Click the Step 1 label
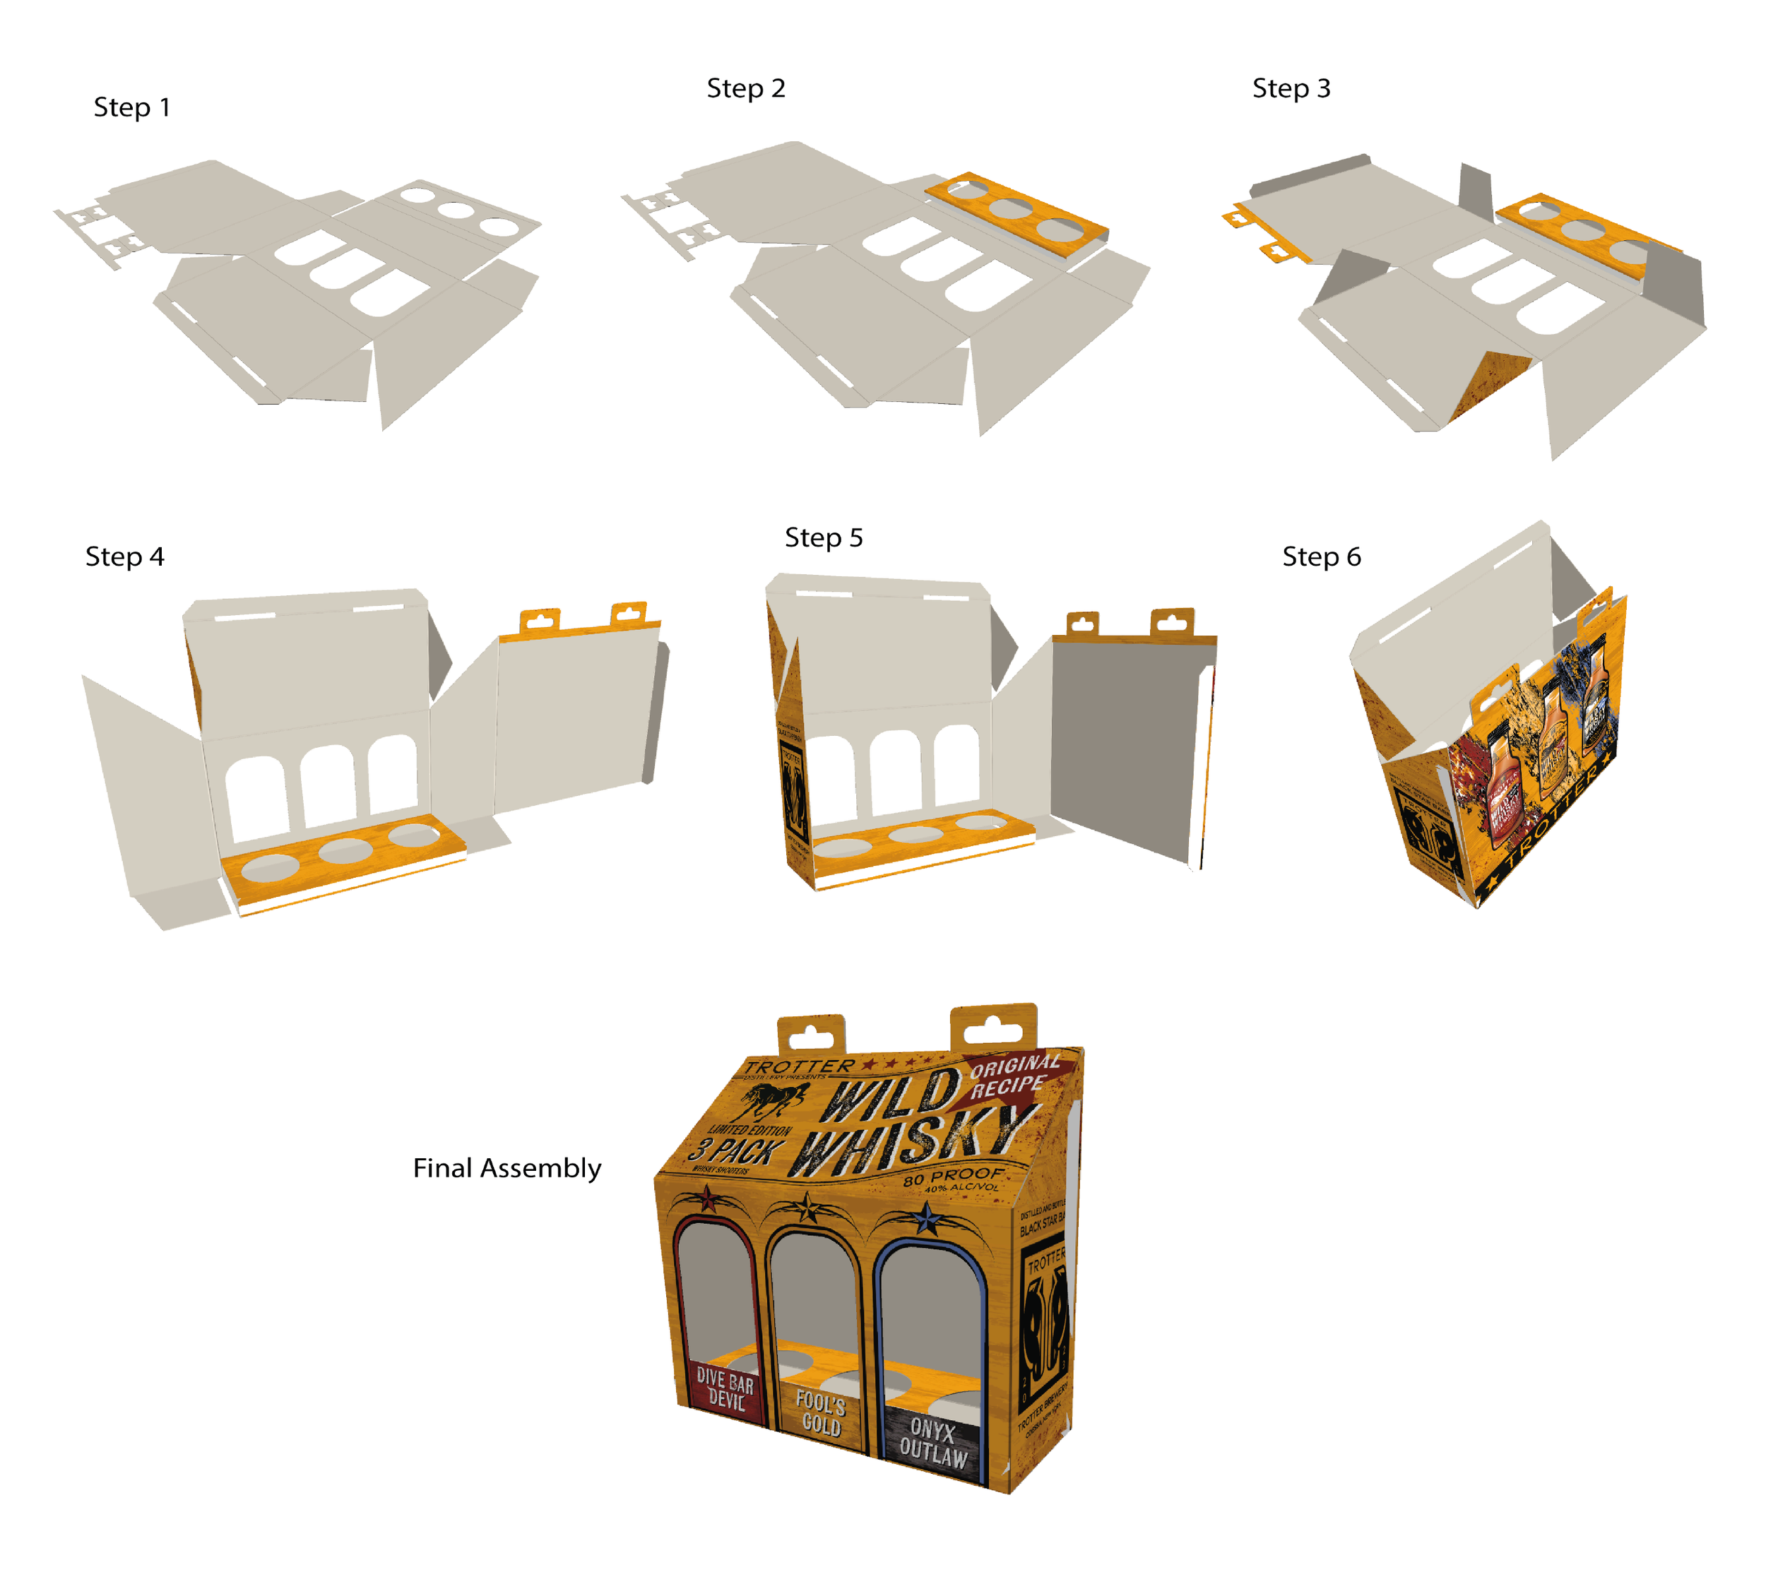pyautogui.click(x=131, y=107)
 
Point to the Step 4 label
pyautogui.click(x=124, y=556)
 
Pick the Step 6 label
pyautogui.click(x=1320, y=556)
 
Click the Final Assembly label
pyautogui.click(x=506, y=1167)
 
